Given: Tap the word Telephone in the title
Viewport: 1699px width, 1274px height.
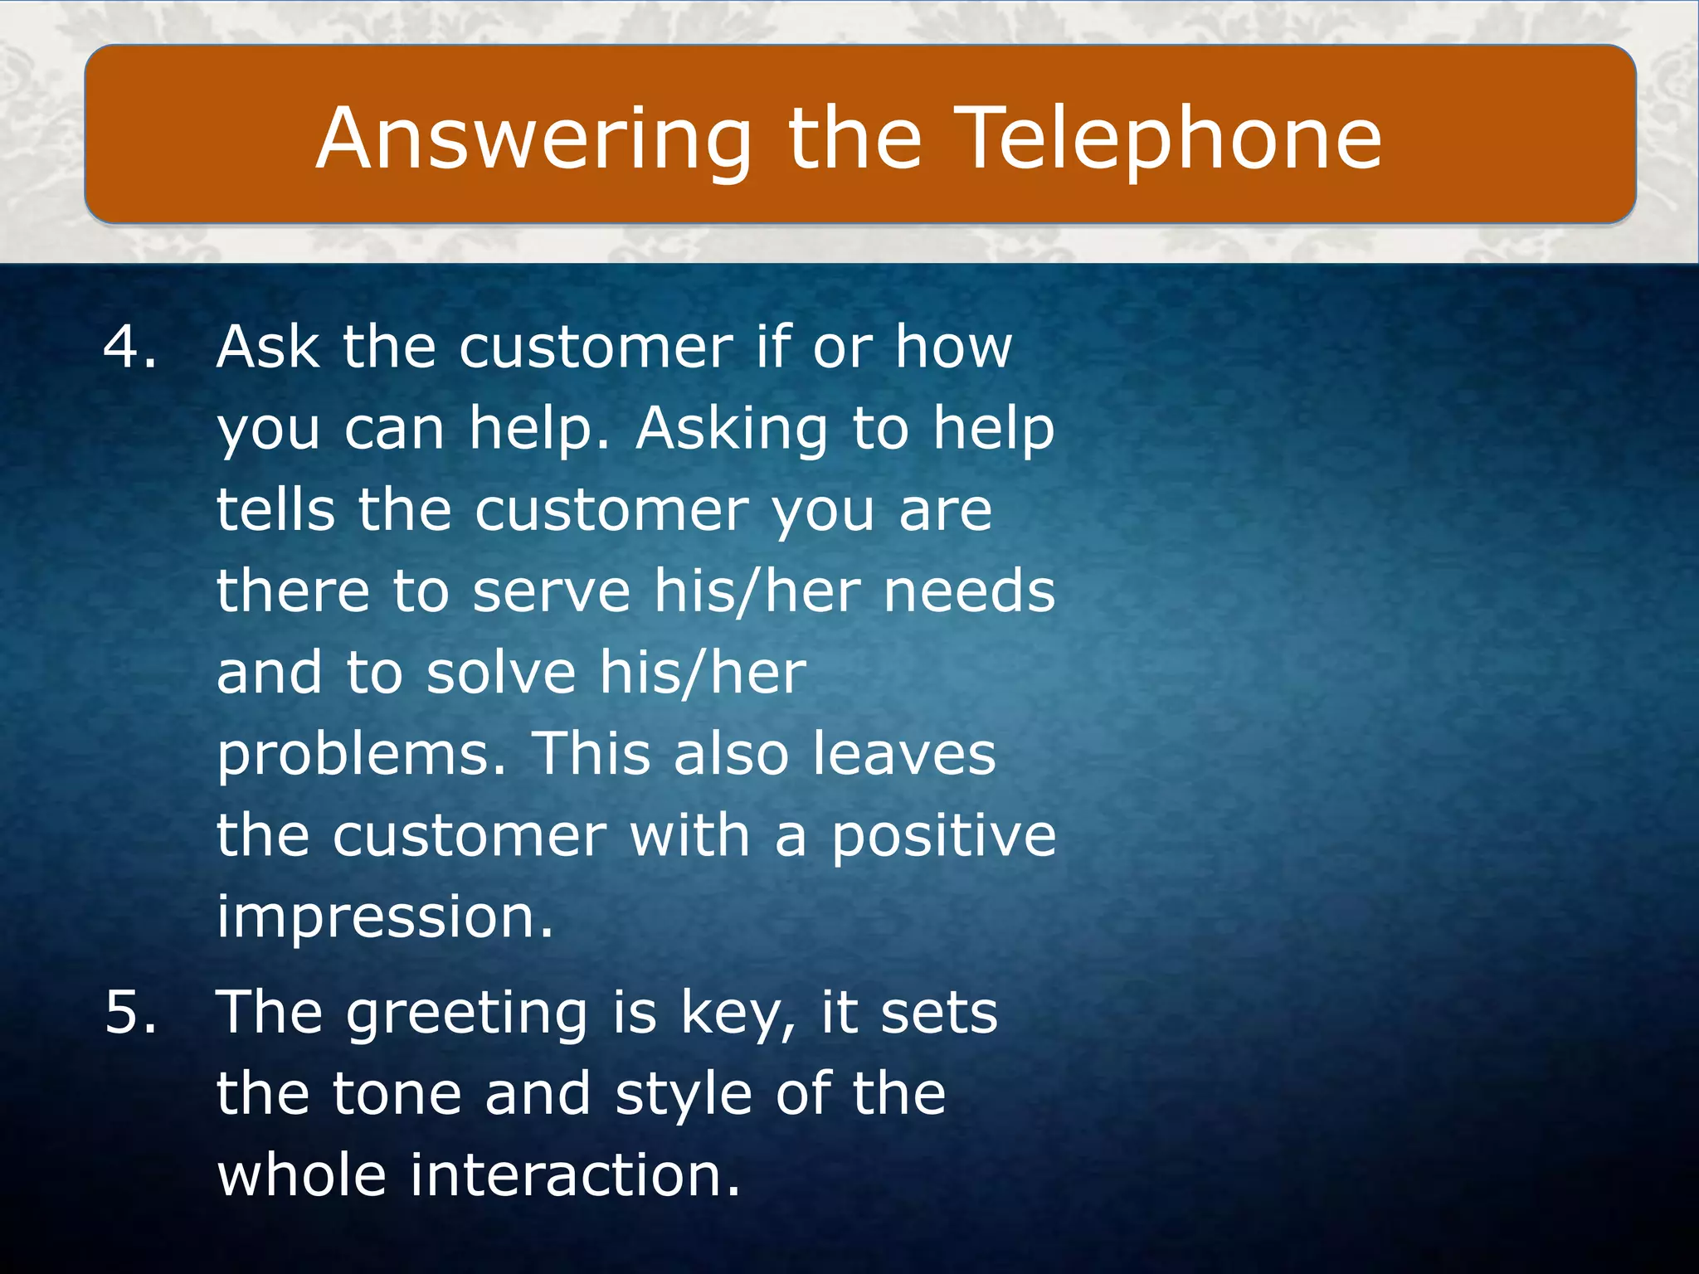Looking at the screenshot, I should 1171,139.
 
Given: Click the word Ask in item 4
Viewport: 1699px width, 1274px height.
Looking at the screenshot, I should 267,346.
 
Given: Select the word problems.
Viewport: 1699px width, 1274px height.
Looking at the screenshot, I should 361,756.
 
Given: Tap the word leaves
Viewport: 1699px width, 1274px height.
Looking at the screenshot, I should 903,754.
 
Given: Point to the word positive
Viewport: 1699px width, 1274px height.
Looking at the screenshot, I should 943,836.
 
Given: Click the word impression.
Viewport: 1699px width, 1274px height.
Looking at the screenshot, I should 384,917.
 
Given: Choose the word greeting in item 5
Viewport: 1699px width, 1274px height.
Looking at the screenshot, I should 467,1014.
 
